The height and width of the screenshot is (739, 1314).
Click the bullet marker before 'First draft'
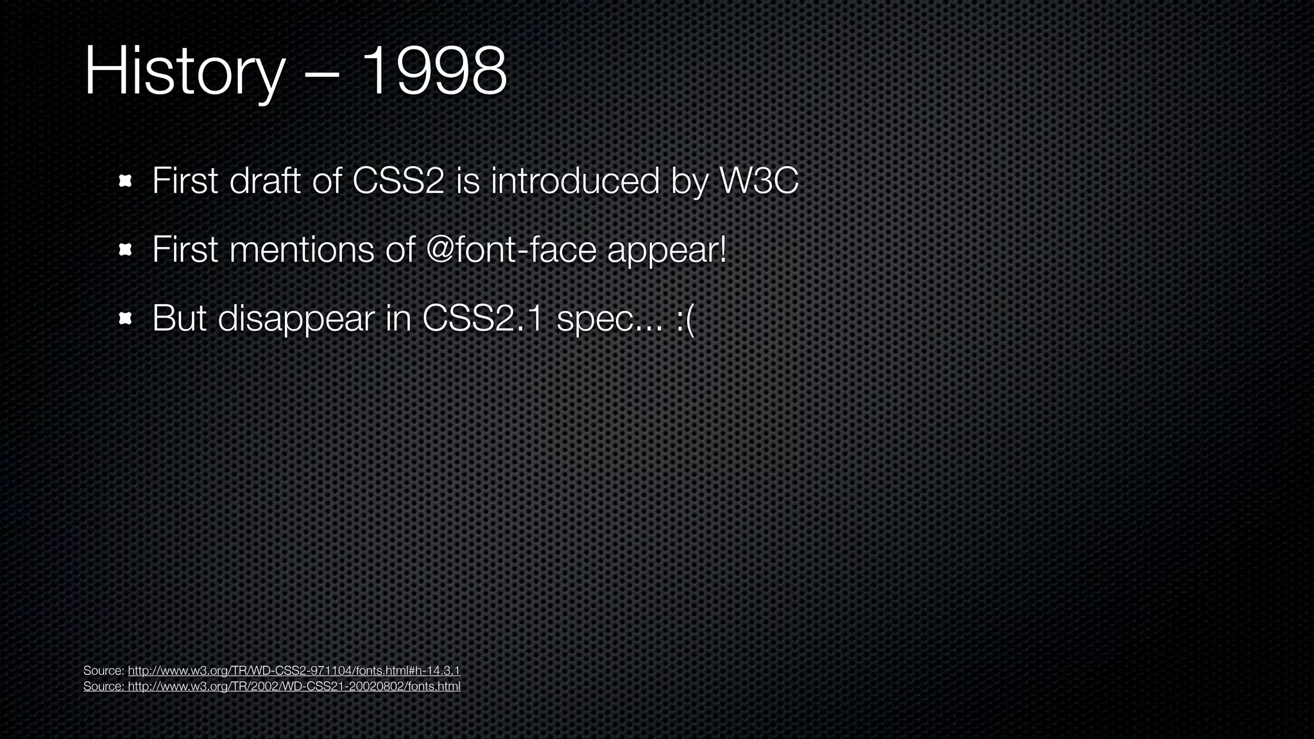125,182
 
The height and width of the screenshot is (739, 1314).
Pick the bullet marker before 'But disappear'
125,318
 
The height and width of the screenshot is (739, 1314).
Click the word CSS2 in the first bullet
398,181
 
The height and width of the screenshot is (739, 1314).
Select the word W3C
759,181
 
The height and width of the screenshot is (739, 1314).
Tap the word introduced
575,181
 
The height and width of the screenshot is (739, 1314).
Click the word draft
265,181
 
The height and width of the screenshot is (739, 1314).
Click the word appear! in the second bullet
667,251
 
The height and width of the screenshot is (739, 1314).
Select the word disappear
296,319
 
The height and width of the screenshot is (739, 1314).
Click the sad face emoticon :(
685,319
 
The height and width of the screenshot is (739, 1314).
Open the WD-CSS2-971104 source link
294,671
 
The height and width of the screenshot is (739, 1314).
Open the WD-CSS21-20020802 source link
294,686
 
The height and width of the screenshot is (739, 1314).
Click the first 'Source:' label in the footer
103,671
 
